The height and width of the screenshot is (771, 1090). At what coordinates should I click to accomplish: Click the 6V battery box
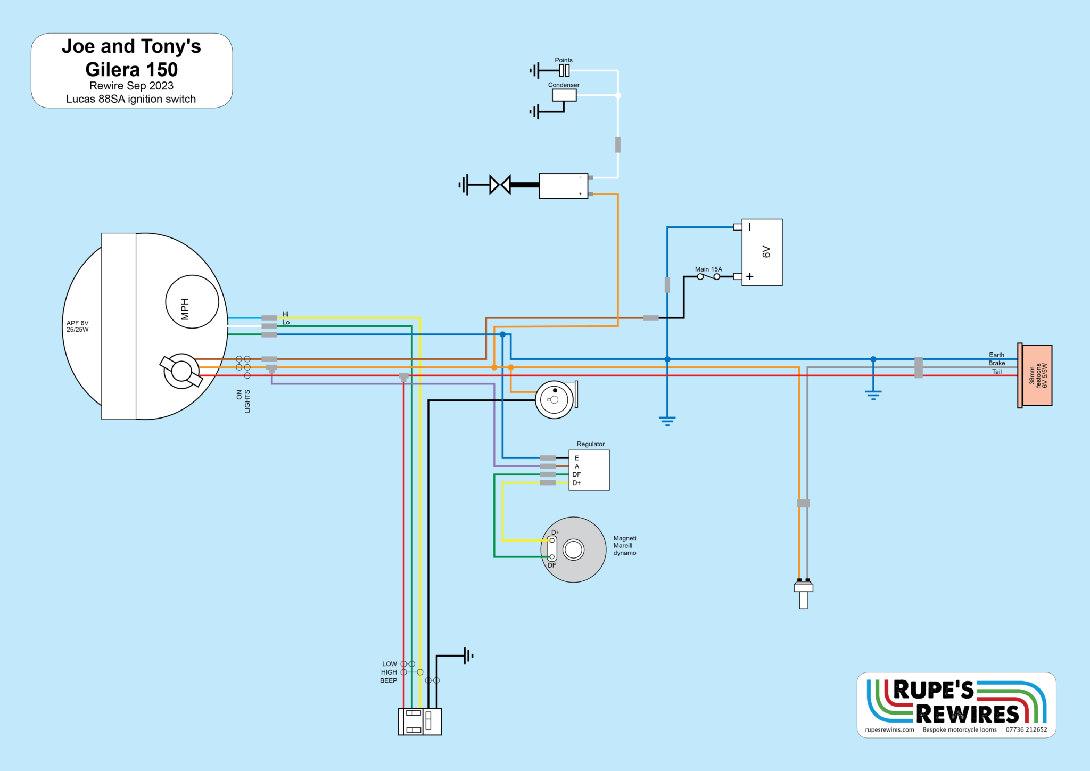pos(762,252)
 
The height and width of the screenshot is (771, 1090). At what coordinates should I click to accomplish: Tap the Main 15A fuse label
pos(708,269)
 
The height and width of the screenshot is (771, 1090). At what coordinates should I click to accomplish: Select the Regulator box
pos(589,470)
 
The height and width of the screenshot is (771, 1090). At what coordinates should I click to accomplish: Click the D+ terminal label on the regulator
pos(576,483)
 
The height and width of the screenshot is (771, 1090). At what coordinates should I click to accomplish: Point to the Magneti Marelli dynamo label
pos(624,546)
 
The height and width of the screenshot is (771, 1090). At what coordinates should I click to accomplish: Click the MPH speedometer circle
pos(192,301)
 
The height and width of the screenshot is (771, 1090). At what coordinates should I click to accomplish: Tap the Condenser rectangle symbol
pos(564,95)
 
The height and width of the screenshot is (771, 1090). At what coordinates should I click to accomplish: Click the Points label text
pos(564,60)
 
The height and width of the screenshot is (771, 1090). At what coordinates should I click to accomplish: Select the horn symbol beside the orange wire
pos(555,399)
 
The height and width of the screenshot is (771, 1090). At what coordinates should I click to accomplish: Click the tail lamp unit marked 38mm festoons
pos(1037,375)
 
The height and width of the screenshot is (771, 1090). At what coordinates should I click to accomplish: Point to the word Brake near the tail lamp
pos(996,363)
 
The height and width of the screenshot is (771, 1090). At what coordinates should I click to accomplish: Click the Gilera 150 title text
pos(131,70)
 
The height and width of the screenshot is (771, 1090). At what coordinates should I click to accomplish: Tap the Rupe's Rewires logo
pos(956,702)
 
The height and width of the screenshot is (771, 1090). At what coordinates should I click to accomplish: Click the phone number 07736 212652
pos(1026,730)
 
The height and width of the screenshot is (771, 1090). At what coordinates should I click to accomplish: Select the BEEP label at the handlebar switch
pos(389,680)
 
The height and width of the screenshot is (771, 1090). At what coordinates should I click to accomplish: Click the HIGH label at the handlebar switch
pos(389,672)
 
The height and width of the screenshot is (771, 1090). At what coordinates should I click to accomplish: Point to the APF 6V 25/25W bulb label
pos(78,326)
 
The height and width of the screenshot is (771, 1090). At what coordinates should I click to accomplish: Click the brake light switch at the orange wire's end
pos(803,593)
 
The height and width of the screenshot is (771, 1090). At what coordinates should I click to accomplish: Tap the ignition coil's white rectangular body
pos(563,186)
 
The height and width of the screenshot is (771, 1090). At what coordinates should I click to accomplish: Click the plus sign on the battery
pos(749,276)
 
